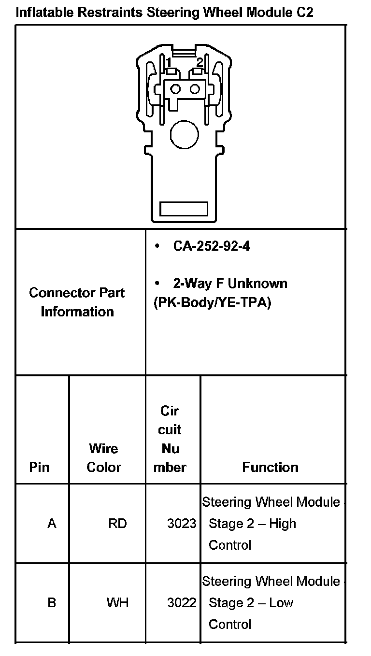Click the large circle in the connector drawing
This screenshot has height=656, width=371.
click(x=185, y=134)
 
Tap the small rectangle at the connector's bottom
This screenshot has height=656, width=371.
click(x=184, y=209)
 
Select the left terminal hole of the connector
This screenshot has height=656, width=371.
click(x=175, y=89)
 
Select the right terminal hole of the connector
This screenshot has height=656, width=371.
click(x=195, y=89)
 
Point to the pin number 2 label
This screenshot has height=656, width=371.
click(x=200, y=62)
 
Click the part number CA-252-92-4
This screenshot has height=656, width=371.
click(x=212, y=246)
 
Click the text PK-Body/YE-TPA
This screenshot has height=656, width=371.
click(x=212, y=303)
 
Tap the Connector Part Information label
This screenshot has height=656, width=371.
click(x=77, y=302)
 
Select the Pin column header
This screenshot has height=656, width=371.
click(x=39, y=467)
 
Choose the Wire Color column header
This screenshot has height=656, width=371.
click(x=104, y=457)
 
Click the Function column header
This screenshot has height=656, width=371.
click(x=271, y=467)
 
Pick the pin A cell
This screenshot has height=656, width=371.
click(x=52, y=523)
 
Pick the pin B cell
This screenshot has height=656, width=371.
click(x=52, y=603)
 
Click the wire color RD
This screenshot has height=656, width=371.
click(x=117, y=523)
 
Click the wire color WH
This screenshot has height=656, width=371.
click(x=117, y=603)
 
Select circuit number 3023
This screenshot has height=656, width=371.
click(x=182, y=523)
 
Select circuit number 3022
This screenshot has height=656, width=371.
click(x=182, y=603)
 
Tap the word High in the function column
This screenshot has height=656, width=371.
click(x=283, y=523)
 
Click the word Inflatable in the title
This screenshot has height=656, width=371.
click(x=44, y=12)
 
